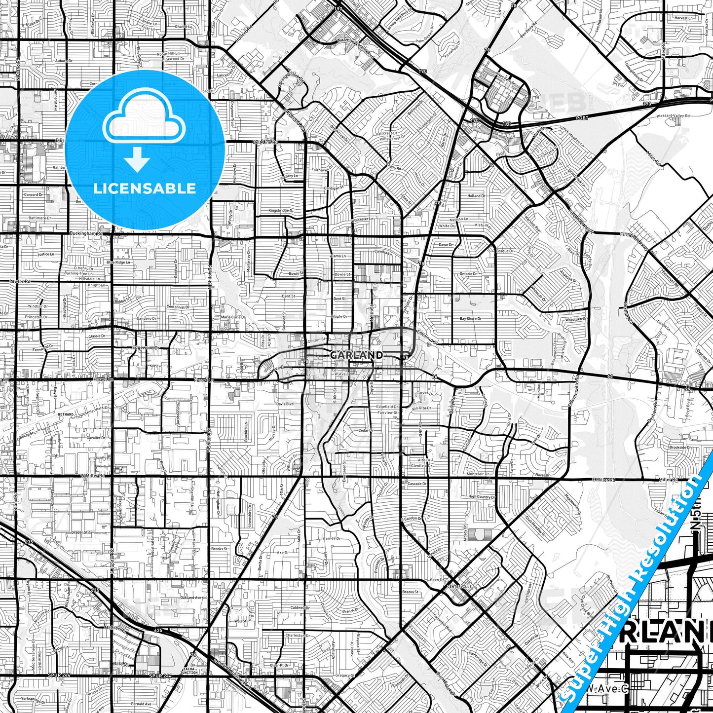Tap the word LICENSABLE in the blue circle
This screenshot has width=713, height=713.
[145, 188]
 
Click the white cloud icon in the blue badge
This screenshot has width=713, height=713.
[144, 116]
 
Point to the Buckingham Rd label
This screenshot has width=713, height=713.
[86, 233]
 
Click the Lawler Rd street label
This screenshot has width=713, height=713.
[20, 281]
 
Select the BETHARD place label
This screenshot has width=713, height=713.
[66, 414]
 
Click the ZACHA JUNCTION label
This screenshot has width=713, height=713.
[189, 671]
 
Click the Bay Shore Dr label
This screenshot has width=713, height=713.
[471, 319]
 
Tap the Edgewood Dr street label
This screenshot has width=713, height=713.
[145, 347]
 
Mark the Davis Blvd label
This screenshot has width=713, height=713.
[285, 404]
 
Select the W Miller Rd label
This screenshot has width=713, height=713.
[92, 476]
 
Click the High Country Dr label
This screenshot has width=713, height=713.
[481, 497]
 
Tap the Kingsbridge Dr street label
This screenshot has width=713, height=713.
[281, 211]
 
